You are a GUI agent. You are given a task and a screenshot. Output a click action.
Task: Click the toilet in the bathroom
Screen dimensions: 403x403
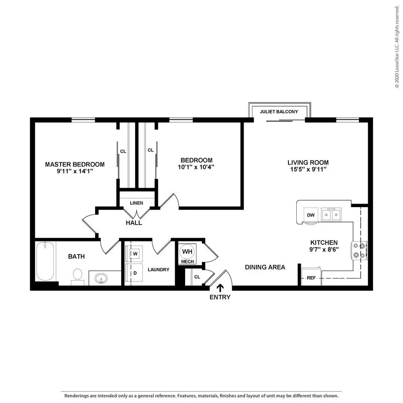77,277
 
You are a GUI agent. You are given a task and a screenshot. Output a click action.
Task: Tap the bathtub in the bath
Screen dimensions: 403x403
45,261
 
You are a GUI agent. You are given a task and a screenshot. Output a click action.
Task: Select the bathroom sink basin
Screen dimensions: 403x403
101,278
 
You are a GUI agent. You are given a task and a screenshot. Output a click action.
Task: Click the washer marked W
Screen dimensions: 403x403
134,254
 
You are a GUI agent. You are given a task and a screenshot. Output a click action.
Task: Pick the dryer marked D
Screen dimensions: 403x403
134,273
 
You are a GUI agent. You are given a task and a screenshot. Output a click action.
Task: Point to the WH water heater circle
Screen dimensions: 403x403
187,252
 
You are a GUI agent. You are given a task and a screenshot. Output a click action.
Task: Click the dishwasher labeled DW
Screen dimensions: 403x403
310,215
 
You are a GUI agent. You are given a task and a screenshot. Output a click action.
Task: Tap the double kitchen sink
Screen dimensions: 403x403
331,214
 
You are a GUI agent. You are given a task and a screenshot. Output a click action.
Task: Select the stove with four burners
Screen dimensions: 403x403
359,250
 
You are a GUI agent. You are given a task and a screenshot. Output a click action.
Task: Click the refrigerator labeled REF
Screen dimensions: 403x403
311,277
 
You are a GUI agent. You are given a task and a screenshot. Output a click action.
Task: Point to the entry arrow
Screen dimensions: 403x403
220,288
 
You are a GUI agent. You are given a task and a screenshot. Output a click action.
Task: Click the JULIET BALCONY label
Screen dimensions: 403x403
279,112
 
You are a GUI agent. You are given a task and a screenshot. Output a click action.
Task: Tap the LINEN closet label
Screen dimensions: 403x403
137,203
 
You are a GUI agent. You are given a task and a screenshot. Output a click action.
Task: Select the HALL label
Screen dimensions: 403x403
134,222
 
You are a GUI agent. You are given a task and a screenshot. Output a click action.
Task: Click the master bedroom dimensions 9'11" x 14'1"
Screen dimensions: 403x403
75,171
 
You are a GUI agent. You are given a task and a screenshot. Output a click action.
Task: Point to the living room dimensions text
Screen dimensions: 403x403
308,169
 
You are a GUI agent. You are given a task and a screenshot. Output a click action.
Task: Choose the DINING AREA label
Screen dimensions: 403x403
265,267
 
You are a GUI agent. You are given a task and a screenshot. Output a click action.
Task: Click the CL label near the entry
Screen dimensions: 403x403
197,277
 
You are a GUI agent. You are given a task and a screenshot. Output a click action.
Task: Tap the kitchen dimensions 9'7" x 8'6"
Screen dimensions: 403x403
324,249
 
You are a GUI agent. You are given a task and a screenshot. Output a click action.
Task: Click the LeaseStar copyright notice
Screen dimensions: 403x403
397,47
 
